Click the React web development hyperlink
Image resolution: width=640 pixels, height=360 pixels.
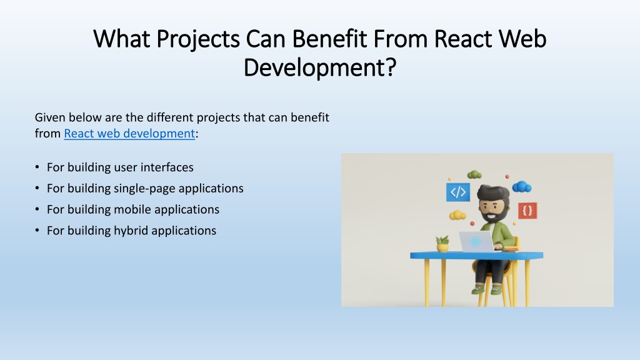pos(129,133)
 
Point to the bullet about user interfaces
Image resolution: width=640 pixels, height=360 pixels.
pos(120,167)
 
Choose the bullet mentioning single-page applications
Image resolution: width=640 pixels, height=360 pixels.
pos(145,188)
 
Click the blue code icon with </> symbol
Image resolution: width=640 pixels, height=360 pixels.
pos(457,192)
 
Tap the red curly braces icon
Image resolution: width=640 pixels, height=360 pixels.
pos(527,211)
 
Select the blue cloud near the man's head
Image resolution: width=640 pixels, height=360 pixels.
pos(521,186)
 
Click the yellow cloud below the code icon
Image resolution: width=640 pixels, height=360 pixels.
pos(458,215)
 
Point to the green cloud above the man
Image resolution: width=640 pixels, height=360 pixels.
pos(474,174)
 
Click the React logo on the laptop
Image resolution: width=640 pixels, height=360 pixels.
pos(474,241)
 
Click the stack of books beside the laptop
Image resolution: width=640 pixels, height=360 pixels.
pos(510,249)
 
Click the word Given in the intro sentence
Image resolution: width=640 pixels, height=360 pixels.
pos(49,117)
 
